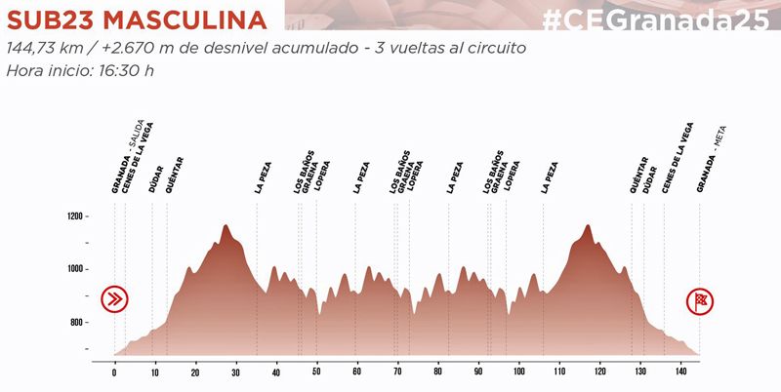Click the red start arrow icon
115,298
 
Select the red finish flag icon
698,298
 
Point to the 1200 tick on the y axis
73,216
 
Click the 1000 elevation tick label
73,269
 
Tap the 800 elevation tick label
75,323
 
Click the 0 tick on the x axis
114,372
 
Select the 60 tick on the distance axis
357,372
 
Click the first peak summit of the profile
226,225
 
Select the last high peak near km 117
588,225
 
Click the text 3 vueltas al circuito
460,48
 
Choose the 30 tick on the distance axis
236,372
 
